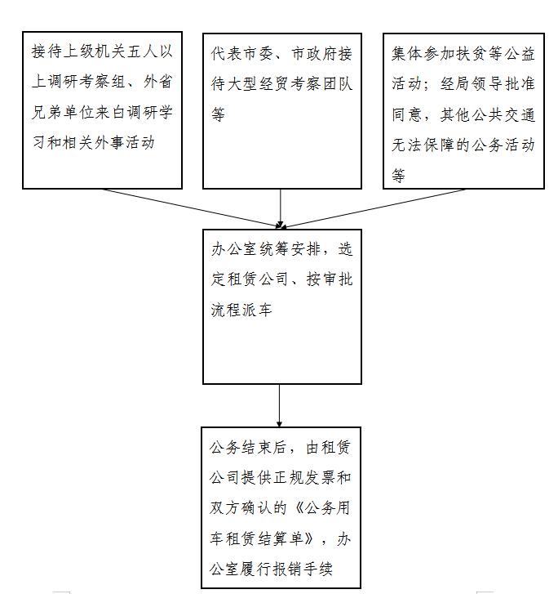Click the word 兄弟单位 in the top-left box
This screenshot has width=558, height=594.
coord(63,112)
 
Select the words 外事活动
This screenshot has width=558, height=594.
coord(125,143)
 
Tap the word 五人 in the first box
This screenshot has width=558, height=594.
coord(142,51)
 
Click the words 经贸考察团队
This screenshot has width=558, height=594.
coord(306,83)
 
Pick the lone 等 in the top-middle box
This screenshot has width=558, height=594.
coord(219,114)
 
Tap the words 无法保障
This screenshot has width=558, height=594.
coord(423,145)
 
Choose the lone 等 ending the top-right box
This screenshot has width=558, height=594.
coord(398,176)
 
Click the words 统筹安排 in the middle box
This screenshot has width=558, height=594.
coord(290,249)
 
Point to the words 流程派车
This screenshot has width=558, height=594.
coord(241,310)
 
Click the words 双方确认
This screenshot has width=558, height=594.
coord(241,508)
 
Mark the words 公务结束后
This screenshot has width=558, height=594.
coord(248,448)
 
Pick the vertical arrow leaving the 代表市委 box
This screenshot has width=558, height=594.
coord(281,208)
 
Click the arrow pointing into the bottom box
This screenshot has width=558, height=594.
coord(279,406)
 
